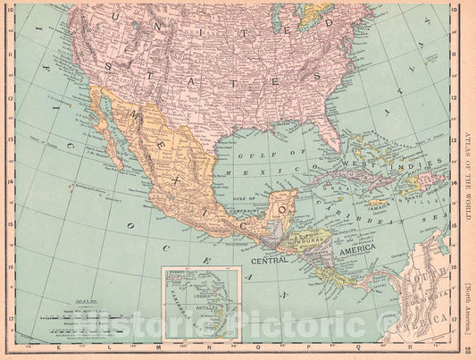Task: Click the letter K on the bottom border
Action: click(x=58, y=347)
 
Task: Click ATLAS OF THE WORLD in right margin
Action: click(x=467, y=161)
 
